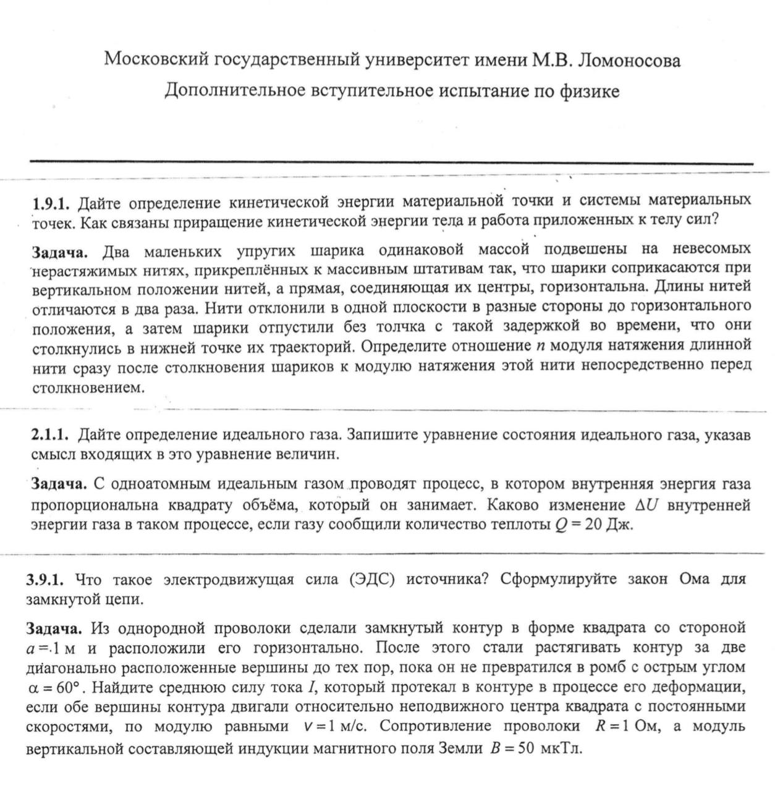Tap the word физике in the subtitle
[589, 91]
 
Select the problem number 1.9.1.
[52, 202]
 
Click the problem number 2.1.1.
[49, 434]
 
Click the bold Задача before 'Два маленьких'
[60, 252]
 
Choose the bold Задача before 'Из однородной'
[54, 629]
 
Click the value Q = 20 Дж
[594, 525]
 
